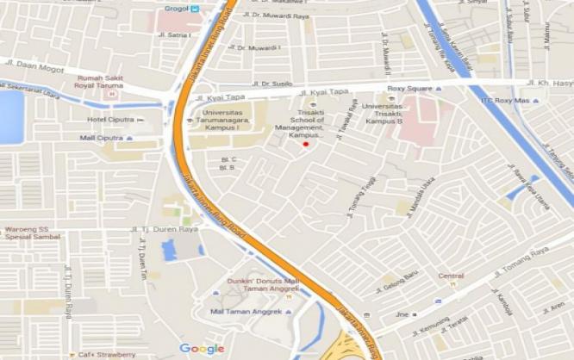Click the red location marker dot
305,145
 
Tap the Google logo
202,348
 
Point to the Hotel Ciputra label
110,119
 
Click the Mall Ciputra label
102,137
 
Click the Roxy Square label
408,88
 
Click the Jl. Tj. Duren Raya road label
164,229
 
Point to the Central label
451,276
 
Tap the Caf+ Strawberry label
106,354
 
